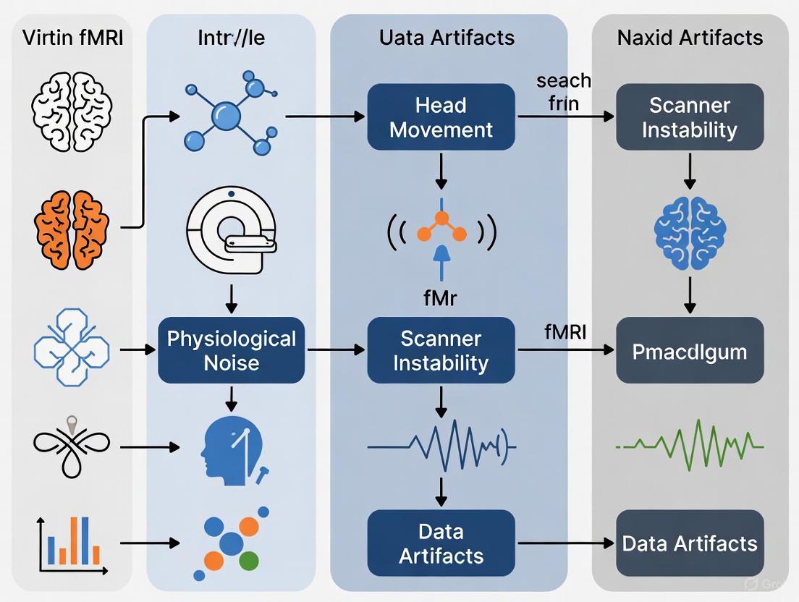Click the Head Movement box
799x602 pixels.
point(441,117)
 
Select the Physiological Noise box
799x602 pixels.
point(231,350)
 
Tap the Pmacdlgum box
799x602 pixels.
point(689,351)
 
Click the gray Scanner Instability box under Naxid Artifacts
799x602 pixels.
point(689,117)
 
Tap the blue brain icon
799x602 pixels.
point(689,230)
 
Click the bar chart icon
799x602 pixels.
point(72,543)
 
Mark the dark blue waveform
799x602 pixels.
point(441,443)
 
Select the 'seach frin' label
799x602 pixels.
point(564,92)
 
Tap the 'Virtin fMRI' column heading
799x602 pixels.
point(72,37)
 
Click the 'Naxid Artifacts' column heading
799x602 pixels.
point(689,37)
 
